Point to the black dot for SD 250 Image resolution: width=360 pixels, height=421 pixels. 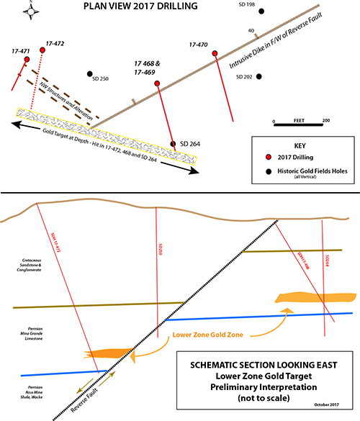click(x=89, y=74)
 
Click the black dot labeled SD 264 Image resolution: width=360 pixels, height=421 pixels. click(x=173, y=143)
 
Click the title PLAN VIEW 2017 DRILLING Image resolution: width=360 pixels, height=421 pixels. click(x=145, y=9)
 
